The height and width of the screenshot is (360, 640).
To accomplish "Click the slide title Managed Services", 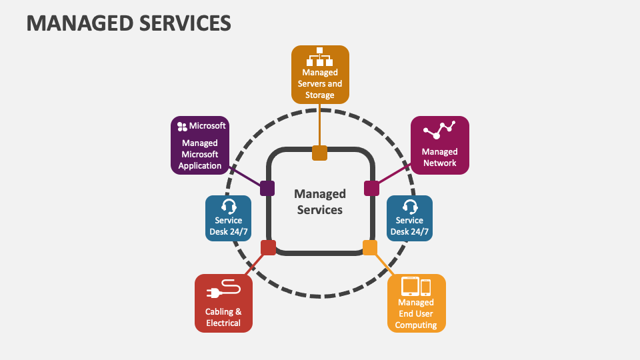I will point(129,23).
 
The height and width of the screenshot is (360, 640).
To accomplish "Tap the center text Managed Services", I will point(319,201).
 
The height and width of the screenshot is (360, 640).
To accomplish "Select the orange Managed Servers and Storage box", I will point(320,74).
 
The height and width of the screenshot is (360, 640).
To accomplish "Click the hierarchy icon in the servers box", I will point(319,57).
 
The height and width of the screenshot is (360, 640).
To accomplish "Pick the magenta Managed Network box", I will point(439,145).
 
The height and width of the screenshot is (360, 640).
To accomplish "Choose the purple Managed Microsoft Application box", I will point(200,145).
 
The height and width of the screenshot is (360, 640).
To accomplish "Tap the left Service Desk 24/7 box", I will point(228,218).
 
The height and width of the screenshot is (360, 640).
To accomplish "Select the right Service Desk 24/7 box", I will point(409,218).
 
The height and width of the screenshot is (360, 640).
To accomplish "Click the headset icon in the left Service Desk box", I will point(228,206).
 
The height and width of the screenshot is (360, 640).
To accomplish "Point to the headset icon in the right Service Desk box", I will point(410,206).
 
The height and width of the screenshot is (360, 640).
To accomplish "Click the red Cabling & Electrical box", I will point(223,303).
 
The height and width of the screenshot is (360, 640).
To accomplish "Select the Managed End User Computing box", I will point(416,303).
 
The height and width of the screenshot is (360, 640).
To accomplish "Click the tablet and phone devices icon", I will point(416,286).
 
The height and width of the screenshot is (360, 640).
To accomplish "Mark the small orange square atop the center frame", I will point(320,153).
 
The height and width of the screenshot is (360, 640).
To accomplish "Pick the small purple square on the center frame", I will point(267,189).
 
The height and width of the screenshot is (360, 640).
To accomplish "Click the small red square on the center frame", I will point(268,248).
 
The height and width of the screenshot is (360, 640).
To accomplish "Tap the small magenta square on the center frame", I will point(371,188).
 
